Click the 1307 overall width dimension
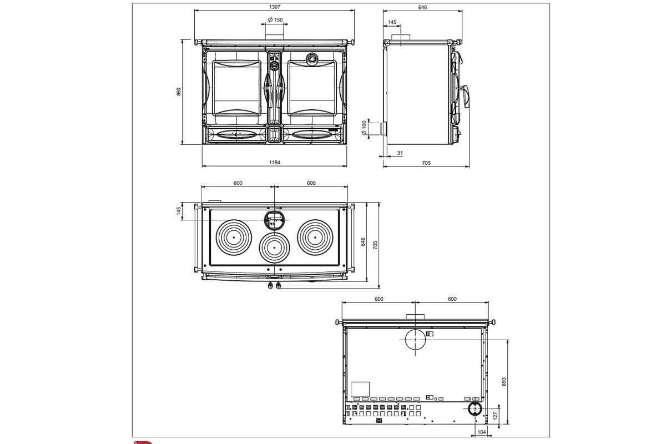(274, 7)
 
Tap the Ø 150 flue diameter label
(275, 20)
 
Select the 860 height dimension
(179, 92)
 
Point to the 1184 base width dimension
(274, 163)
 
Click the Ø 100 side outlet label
(364, 128)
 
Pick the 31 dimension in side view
(400, 153)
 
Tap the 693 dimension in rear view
(504, 382)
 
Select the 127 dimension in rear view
(495, 415)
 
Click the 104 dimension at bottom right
(481, 432)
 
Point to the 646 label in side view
(422, 7)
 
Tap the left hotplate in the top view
(234, 238)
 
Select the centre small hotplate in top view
(274, 248)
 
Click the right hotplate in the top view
(315, 238)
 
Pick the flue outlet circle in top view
(274, 220)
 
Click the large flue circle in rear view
(415, 339)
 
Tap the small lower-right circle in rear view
(475, 409)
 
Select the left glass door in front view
(236, 88)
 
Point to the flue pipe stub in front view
(275, 32)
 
